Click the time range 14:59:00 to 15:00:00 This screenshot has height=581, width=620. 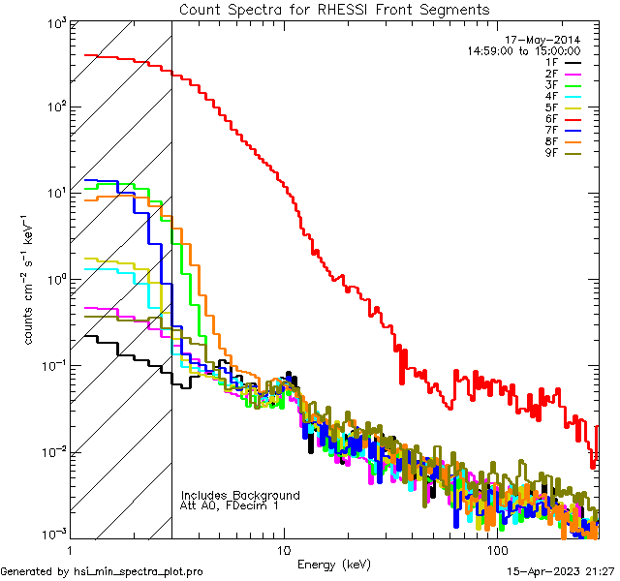523,50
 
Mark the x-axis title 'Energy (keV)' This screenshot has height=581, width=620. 334,564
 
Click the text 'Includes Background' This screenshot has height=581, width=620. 240,495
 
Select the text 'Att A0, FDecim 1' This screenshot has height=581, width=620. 230,505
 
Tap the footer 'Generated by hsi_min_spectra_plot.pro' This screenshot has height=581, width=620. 102,571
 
